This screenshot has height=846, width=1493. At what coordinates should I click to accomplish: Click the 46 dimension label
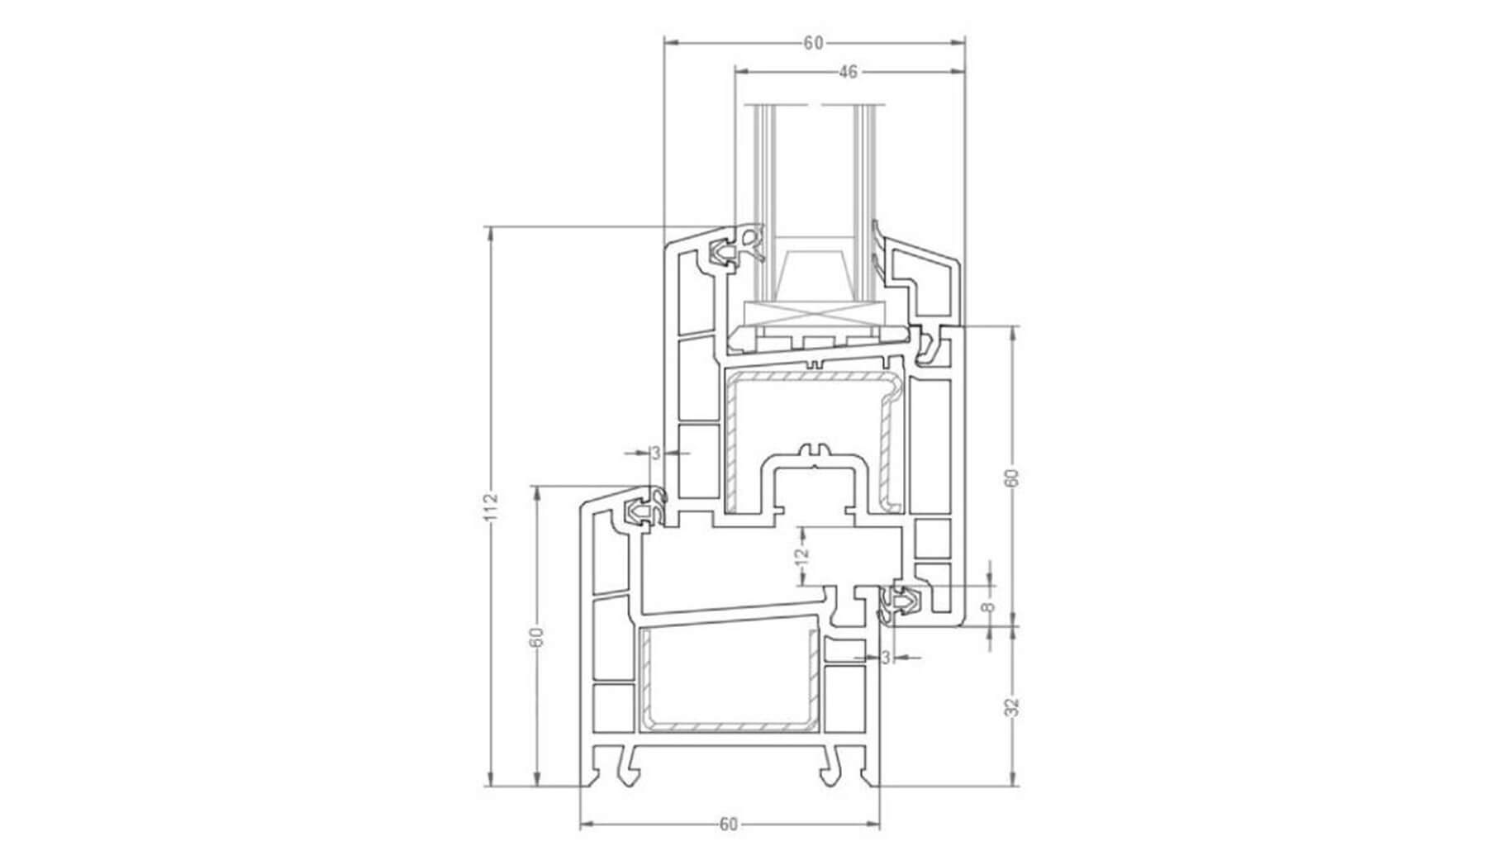point(848,73)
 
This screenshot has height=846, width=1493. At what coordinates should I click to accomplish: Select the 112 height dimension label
point(492,506)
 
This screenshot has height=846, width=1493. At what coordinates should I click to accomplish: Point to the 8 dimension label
point(987,607)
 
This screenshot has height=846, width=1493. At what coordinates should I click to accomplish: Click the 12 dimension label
point(801,559)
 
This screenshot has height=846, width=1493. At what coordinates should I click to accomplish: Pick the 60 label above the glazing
point(814,43)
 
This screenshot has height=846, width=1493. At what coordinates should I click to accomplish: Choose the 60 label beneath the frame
point(728,824)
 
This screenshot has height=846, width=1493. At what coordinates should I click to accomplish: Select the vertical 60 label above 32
point(1014,478)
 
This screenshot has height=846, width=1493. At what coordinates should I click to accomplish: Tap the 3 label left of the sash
point(656,453)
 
